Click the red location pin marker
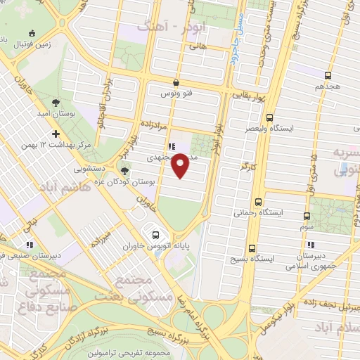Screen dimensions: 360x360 click(180, 166)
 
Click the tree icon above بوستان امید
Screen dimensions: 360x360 click(56, 101)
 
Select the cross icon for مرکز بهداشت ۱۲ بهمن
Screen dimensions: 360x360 click(56, 134)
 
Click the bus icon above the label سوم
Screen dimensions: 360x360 click(306, 216)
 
